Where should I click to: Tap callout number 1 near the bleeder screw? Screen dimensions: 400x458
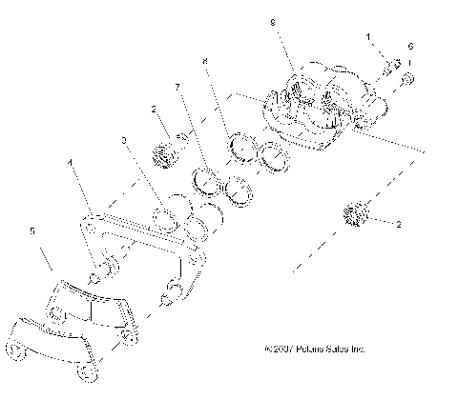coord(367,35)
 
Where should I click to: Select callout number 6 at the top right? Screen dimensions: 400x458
coord(410,46)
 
